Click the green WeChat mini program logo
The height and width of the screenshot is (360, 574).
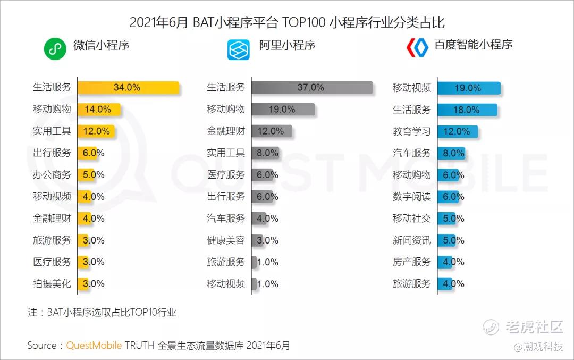(54, 49)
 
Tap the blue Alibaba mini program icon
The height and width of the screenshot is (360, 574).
(239, 49)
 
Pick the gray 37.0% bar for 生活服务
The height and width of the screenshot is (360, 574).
(312, 88)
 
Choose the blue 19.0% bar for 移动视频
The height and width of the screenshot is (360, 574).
(469, 88)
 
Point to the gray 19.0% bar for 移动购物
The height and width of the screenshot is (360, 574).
(283, 110)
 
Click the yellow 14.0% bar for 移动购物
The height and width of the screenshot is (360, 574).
(99, 110)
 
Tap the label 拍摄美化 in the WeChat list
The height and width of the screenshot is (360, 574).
(52, 283)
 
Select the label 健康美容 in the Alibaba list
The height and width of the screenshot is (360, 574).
(226, 240)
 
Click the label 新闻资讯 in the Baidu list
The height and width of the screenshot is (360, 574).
(412, 240)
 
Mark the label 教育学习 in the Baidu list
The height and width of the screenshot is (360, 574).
(412, 131)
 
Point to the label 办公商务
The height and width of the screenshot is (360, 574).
(52, 174)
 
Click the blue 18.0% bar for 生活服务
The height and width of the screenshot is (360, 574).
(467, 110)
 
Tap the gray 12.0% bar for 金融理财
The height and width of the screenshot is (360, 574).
(272, 131)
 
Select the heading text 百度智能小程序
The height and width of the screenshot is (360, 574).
(474, 45)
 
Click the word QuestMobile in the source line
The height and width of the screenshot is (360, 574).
(94, 345)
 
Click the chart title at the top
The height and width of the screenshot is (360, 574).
(287, 23)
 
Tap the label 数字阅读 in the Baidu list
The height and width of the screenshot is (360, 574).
(412, 196)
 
